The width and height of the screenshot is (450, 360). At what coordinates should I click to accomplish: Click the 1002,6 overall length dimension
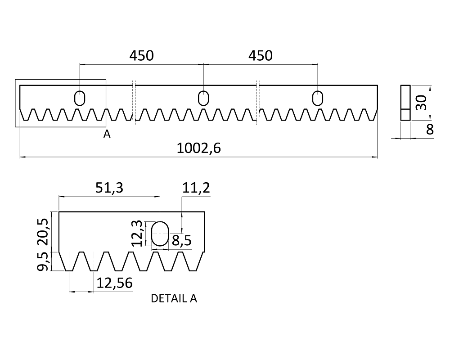coord(198,148)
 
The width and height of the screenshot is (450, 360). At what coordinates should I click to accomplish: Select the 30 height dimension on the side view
coord(420,103)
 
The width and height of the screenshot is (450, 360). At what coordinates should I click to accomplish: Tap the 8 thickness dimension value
coord(430,130)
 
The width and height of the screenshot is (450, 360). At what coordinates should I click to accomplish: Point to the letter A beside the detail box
coord(107,134)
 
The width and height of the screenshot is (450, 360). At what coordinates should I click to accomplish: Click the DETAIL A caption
coord(174,298)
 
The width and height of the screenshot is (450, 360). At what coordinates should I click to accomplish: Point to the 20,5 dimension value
coord(44,230)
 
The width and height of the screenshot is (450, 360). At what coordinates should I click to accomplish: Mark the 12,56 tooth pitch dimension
coord(114,283)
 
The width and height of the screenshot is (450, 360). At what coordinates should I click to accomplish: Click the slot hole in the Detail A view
coord(160,233)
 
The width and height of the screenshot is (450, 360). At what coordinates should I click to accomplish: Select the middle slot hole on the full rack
coord(203,98)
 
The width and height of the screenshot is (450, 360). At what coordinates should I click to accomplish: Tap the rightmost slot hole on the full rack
coord(318,98)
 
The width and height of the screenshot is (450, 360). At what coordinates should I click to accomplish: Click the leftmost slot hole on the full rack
coord(80,98)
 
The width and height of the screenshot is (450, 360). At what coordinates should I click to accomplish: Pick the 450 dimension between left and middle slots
coord(141,56)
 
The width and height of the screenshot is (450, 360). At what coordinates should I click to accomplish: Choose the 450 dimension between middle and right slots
coord(261,56)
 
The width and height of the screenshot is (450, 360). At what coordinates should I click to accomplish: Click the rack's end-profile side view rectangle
coord(405,103)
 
